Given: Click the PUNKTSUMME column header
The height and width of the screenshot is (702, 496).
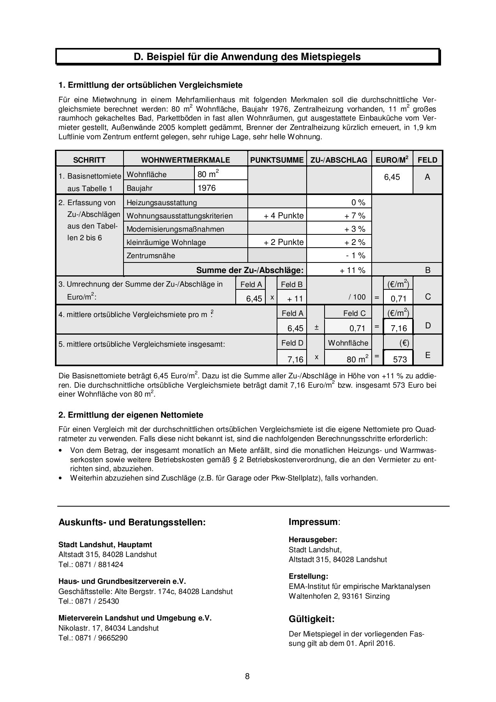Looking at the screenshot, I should point(277,160).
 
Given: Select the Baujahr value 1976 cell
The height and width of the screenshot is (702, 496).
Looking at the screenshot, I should point(221,188).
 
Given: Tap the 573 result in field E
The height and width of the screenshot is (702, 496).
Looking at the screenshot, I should point(399,359).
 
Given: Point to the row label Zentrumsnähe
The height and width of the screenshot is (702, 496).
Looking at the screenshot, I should point(151,256).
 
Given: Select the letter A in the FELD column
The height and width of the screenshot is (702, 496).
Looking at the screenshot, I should point(427,177).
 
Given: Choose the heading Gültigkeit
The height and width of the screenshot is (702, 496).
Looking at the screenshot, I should point(311,619).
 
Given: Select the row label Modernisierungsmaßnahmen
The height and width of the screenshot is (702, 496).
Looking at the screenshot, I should point(175,229).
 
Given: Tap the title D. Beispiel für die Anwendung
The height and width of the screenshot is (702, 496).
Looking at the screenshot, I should point(247,57).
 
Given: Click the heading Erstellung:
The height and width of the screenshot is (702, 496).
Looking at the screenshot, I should point(308,576).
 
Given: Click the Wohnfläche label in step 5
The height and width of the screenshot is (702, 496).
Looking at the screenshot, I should point(348,343).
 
